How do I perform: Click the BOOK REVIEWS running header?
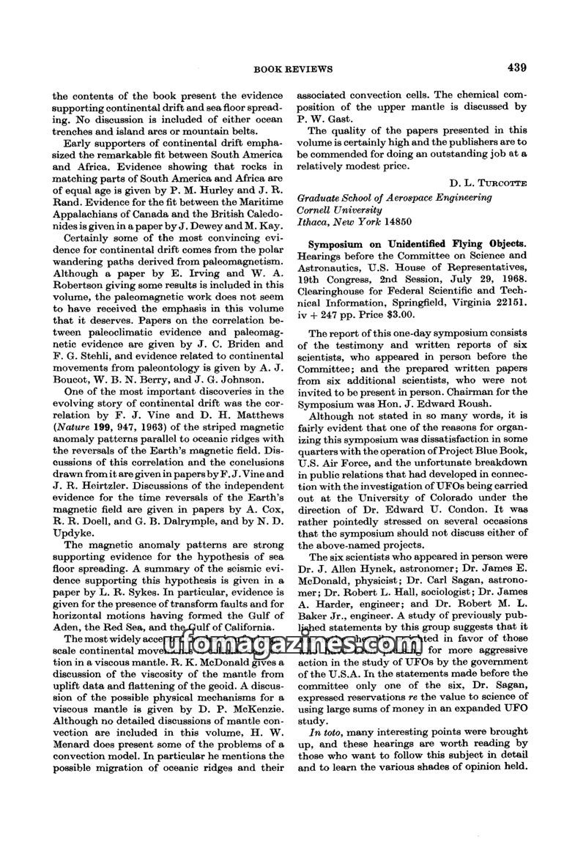pos(293,70)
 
